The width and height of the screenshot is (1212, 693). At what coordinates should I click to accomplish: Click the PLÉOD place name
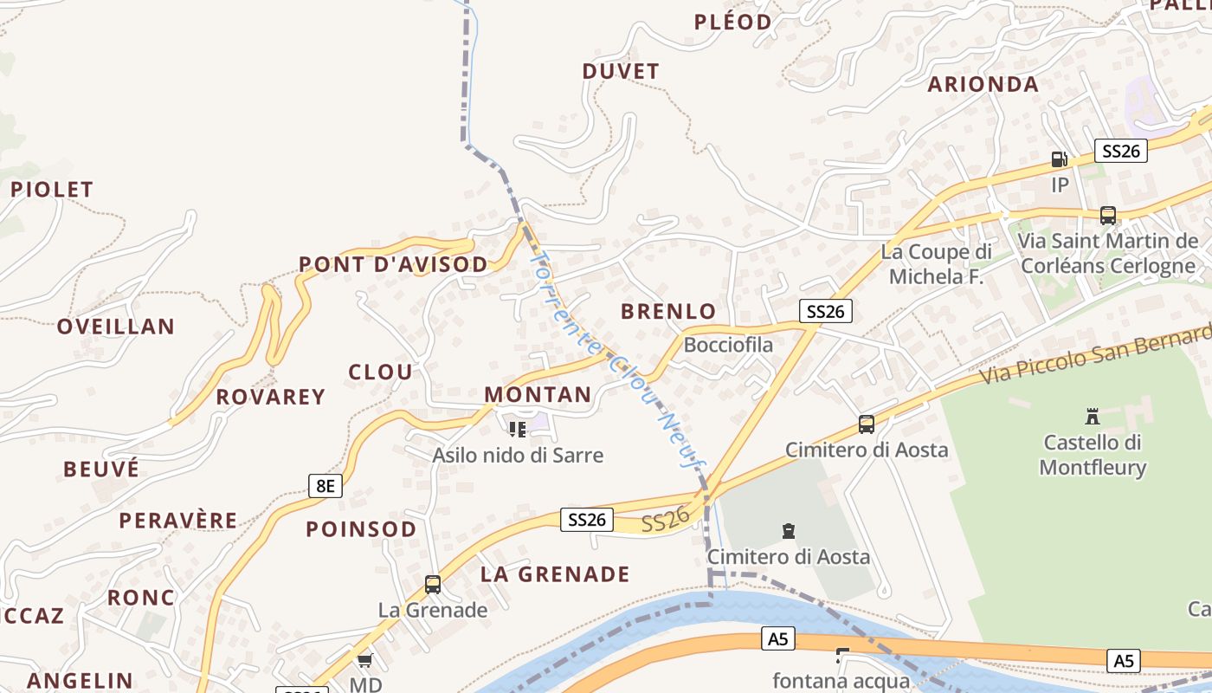click(732, 22)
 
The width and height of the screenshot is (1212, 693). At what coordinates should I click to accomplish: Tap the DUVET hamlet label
click(621, 72)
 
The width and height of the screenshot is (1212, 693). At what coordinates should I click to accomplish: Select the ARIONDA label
click(983, 84)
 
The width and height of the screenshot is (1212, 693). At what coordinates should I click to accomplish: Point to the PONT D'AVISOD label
click(393, 264)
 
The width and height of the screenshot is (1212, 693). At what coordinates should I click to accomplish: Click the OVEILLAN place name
click(116, 327)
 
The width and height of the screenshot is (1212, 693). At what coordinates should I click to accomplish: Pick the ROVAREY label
click(270, 397)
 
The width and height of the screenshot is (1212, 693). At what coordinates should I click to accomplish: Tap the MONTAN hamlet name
click(538, 395)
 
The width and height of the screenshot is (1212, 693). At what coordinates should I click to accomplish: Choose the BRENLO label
click(668, 312)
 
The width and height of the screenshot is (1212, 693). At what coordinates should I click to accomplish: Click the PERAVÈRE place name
click(178, 521)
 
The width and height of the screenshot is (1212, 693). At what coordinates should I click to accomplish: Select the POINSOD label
click(361, 529)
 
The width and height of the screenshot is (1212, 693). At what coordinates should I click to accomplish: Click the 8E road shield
click(325, 485)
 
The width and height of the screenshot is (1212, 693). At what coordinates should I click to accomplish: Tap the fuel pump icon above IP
click(1059, 159)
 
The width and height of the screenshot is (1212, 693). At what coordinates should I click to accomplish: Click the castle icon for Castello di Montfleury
click(1093, 417)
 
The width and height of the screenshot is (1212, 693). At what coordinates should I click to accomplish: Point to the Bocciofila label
click(728, 345)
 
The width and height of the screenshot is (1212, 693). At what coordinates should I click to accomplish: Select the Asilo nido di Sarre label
click(518, 455)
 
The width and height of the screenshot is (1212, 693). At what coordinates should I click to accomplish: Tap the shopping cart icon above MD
click(364, 660)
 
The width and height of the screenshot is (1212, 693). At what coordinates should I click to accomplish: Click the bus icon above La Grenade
click(433, 585)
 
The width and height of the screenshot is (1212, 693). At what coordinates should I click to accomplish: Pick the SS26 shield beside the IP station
click(1120, 151)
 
